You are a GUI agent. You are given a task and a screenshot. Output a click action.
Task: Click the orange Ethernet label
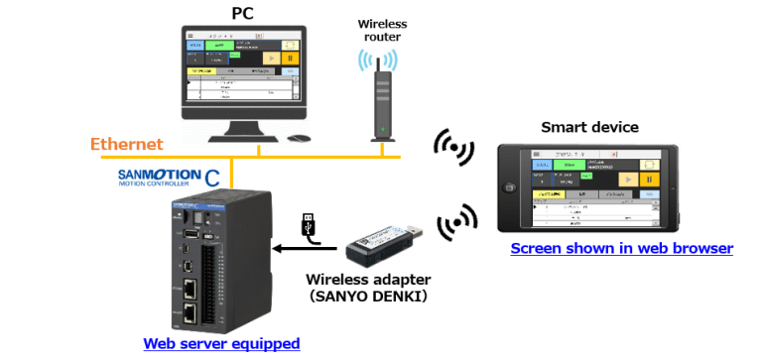[126, 145]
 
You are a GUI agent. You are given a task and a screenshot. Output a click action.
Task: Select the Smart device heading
[589, 127]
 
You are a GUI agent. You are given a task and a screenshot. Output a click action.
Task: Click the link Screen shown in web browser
[621, 248]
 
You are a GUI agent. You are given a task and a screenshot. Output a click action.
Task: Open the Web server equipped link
[221, 343]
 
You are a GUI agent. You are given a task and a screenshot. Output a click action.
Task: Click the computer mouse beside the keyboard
[298, 141]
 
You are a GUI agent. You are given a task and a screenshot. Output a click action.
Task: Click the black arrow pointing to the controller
[292, 250]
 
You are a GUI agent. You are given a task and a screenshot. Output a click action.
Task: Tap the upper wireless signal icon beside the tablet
[453, 147]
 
